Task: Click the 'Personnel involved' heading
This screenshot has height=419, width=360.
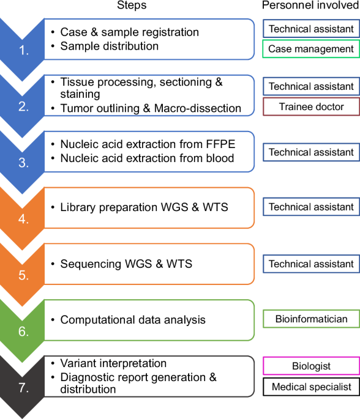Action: click(310, 6)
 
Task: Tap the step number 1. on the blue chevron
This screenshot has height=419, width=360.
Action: click(24, 51)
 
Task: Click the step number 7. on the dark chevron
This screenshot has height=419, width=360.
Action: click(24, 389)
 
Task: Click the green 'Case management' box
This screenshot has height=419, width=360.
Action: click(312, 49)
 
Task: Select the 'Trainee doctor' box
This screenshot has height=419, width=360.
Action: click(312, 106)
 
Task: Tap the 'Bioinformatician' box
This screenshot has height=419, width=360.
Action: click(312, 319)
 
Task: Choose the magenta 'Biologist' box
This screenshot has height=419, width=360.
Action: click(312, 366)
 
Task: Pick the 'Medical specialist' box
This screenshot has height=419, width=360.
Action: click(312, 386)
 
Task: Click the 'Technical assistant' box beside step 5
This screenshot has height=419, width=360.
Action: click(312, 264)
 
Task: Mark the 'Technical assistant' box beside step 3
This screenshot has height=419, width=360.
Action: click(312, 152)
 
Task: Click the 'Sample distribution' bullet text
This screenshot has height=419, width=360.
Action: click(109, 46)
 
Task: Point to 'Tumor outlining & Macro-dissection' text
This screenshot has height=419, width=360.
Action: click(151, 108)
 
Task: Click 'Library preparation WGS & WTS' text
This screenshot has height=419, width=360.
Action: click(144, 207)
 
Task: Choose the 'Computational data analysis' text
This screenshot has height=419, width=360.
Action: click(133, 319)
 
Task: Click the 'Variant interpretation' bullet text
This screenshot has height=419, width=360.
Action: click(113, 363)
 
